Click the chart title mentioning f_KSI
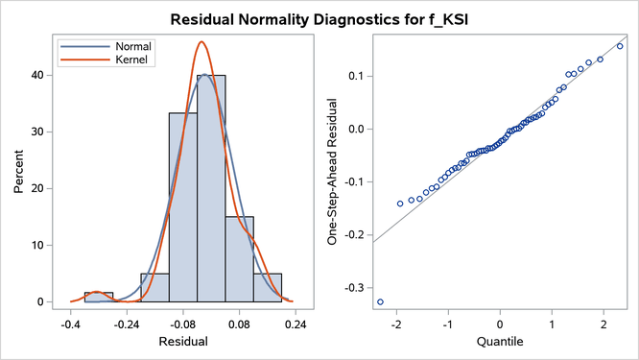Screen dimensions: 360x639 pyautogui.click(x=319, y=18)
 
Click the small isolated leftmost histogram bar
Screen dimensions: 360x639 pyautogui.click(x=98, y=297)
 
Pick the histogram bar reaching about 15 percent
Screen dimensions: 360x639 pyautogui.click(x=239, y=259)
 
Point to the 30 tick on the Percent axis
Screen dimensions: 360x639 pyautogui.click(x=44, y=132)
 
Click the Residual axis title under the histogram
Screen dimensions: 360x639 pyautogui.click(x=182, y=341)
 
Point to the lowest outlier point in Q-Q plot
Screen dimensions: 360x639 pyautogui.click(x=380, y=301)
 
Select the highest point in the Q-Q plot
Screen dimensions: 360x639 pyautogui.click(x=620, y=46)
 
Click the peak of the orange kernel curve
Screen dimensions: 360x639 pyautogui.click(x=201, y=42)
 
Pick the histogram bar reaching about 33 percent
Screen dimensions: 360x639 pyautogui.click(x=183, y=207)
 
